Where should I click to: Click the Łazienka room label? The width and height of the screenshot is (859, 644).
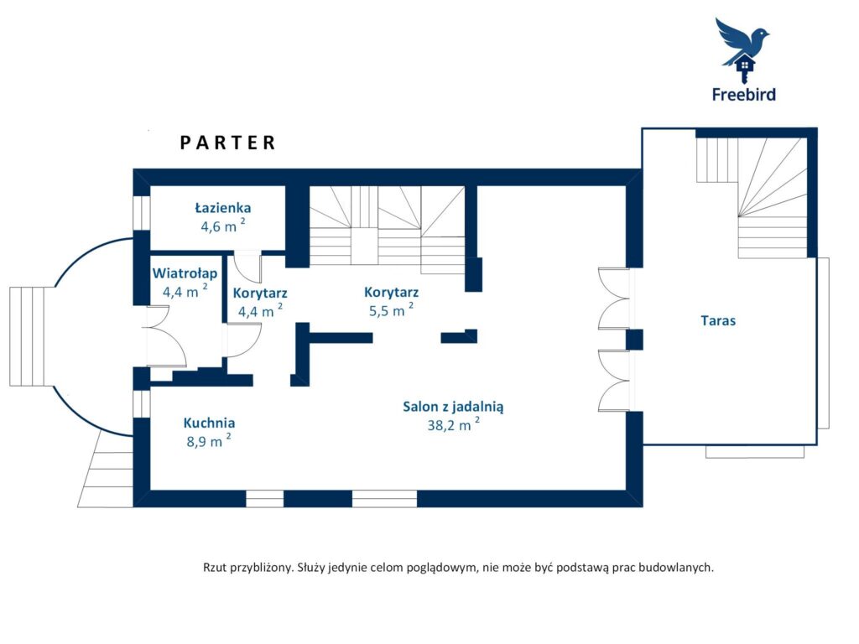pyautogui.click(x=223, y=208)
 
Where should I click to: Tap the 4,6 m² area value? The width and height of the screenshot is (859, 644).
pyautogui.click(x=223, y=225)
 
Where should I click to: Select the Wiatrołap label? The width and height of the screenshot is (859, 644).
pyautogui.click(x=185, y=273)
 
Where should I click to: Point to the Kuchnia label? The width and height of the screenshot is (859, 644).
pyautogui.click(x=209, y=423)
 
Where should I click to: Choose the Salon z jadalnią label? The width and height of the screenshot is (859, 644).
pyautogui.click(x=453, y=407)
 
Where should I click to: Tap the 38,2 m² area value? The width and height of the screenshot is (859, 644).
pyautogui.click(x=454, y=423)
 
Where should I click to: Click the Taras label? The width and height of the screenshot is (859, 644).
pyautogui.click(x=718, y=320)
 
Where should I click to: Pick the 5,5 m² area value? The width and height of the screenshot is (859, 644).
pyautogui.click(x=391, y=310)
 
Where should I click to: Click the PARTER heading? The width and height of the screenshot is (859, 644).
pyautogui.click(x=228, y=143)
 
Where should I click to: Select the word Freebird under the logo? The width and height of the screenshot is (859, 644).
pyautogui.click(x=743, y=95)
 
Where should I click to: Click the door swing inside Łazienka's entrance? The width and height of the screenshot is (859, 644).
pyautogui.click(x=247, y=266)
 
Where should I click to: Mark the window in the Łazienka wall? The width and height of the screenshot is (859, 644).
pyautogui.click(x=142, y=212)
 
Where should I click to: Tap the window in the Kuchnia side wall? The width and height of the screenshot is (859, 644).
pyautogui.click(x=142, y=402)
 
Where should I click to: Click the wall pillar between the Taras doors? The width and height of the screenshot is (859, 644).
pyautogui.click(x=634, y=340)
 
